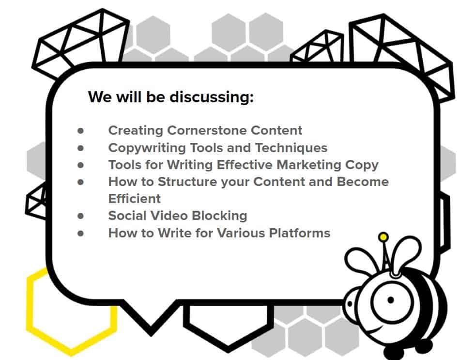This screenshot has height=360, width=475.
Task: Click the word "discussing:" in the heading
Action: pyautogui.click(x=212, y=97)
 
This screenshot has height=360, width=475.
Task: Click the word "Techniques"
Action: pyautogui.click(x=291, y=148)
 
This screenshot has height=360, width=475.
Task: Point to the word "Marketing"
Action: pyautogui.click(x=309, y=165)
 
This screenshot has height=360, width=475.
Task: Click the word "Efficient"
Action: pyautogui.click(x=135, y=199)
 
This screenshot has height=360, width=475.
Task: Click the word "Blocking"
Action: pyautogui.click(x=220, y=216)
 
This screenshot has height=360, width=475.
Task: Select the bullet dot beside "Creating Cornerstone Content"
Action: pyautogui.click(x=80, y=131)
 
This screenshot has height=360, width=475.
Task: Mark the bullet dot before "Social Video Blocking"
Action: pyautogui.click(x=80, y=216)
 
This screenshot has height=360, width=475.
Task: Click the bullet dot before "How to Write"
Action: pyautogui.click(x=80, y=234)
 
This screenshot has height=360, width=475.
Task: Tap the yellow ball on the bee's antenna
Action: pyautogui.click(x=383, y=236)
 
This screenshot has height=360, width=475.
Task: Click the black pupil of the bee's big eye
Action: pyautogui.click(x=390, y=300)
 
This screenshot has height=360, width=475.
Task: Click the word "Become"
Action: pyautogui.click(x=363, y=182)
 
